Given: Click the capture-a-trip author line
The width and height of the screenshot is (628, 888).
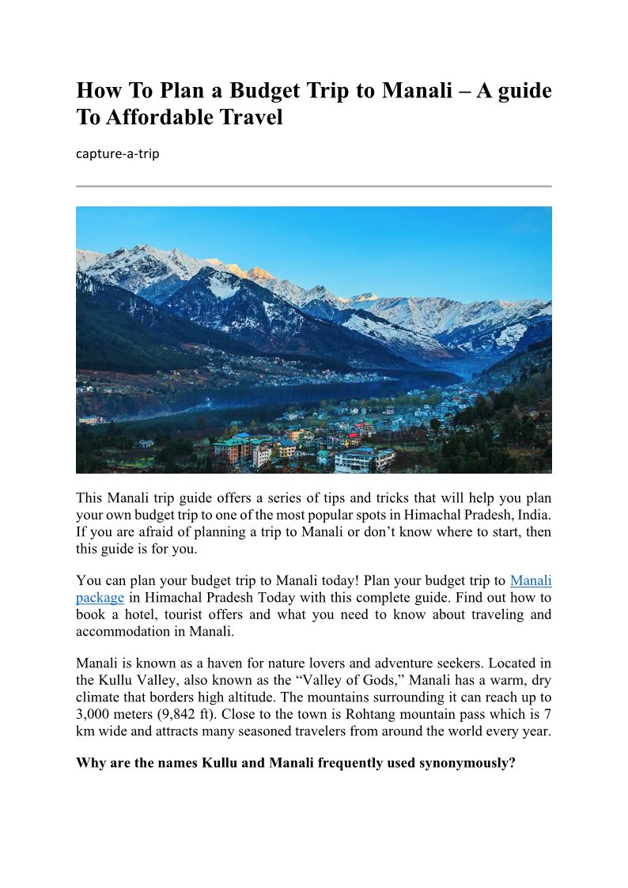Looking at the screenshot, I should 117,153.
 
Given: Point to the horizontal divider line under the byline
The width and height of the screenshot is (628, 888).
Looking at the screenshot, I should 313,187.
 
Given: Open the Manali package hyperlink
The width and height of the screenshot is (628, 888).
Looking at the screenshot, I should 531,580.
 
